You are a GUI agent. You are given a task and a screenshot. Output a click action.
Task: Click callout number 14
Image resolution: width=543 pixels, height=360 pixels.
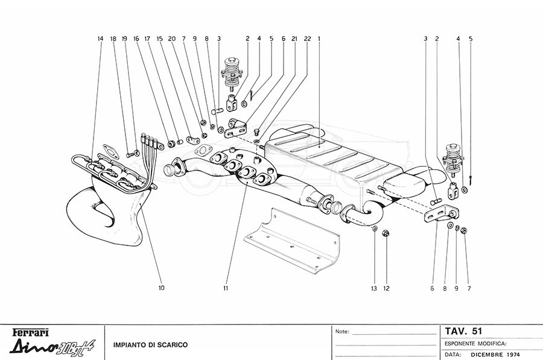click(x=100, y=39)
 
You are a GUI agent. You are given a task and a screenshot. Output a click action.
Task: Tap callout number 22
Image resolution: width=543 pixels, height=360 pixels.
click(x=307, y=39)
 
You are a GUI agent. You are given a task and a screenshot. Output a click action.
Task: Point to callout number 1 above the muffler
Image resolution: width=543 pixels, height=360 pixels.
click(x=319, y=39)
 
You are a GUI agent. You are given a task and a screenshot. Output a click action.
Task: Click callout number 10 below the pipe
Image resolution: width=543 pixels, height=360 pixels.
click(x=161, y=288)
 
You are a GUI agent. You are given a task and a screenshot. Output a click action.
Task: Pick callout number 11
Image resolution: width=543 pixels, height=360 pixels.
click(x=224, y=288)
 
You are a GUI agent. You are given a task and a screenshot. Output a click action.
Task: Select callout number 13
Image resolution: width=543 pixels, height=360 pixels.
click(x=373, y=288)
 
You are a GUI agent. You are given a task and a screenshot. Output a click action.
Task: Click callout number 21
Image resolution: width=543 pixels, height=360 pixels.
click(x=294, y=39)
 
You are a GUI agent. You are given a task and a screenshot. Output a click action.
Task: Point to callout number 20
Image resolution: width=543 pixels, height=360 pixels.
click(x=172, y=39)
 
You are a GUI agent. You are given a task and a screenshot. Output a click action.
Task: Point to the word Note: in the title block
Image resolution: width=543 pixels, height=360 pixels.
click(x=342, y=332)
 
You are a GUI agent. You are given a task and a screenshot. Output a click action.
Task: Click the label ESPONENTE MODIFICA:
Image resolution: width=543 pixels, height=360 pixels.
click(x=475, y=343)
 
